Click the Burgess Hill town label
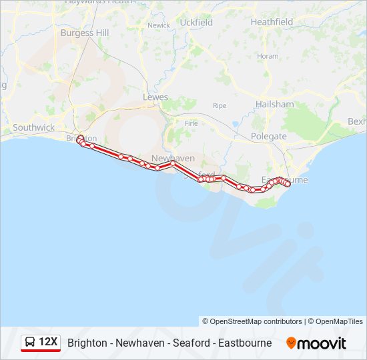click(85, 32)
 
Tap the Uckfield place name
click(196, 22)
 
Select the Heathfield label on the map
click(272, 22)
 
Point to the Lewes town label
click(155, 97)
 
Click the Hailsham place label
click(274, 104)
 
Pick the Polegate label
click(269, 136)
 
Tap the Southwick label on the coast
click(33, 127)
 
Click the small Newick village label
click(159, 25)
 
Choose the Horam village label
click(268, 56)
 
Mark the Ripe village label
click(220, 105)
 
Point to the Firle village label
click(192, 123)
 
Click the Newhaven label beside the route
click(173, 158)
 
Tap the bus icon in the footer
click(30, 343)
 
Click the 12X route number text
click(48, 343)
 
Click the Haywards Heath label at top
click(99, 3)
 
